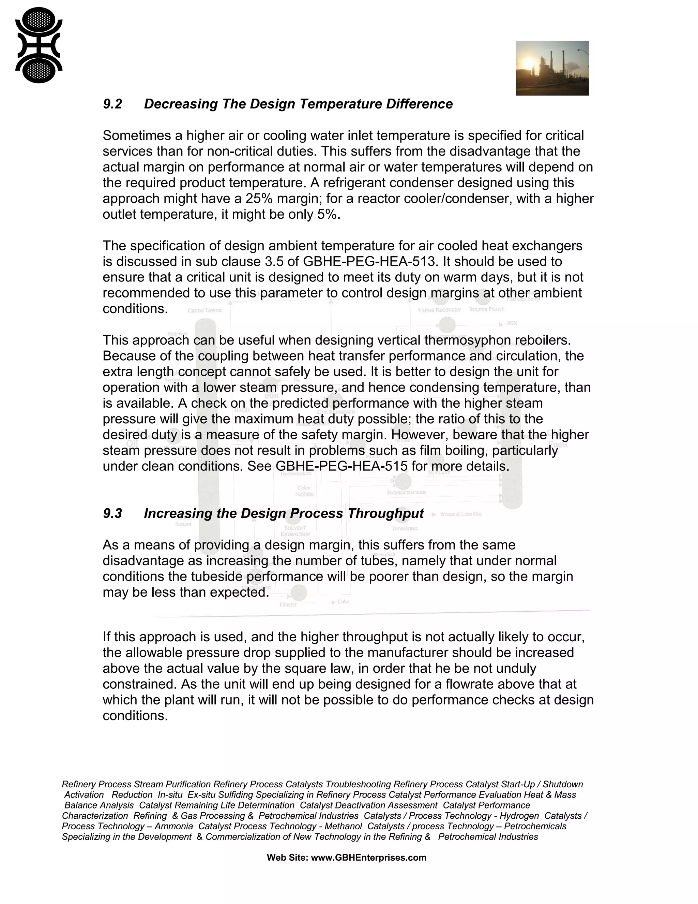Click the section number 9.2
[112, 104]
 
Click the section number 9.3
[112, 514]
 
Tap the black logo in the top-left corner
[39, 45]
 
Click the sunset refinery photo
[552, 68]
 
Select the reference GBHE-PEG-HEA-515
[342, 466]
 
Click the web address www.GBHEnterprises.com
[368, 858]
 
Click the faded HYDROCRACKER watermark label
[407, 493]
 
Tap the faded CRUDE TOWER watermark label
[205, 310]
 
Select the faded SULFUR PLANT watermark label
[486, 309]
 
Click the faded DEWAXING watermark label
[405, 528]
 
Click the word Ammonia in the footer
[174, 826]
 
